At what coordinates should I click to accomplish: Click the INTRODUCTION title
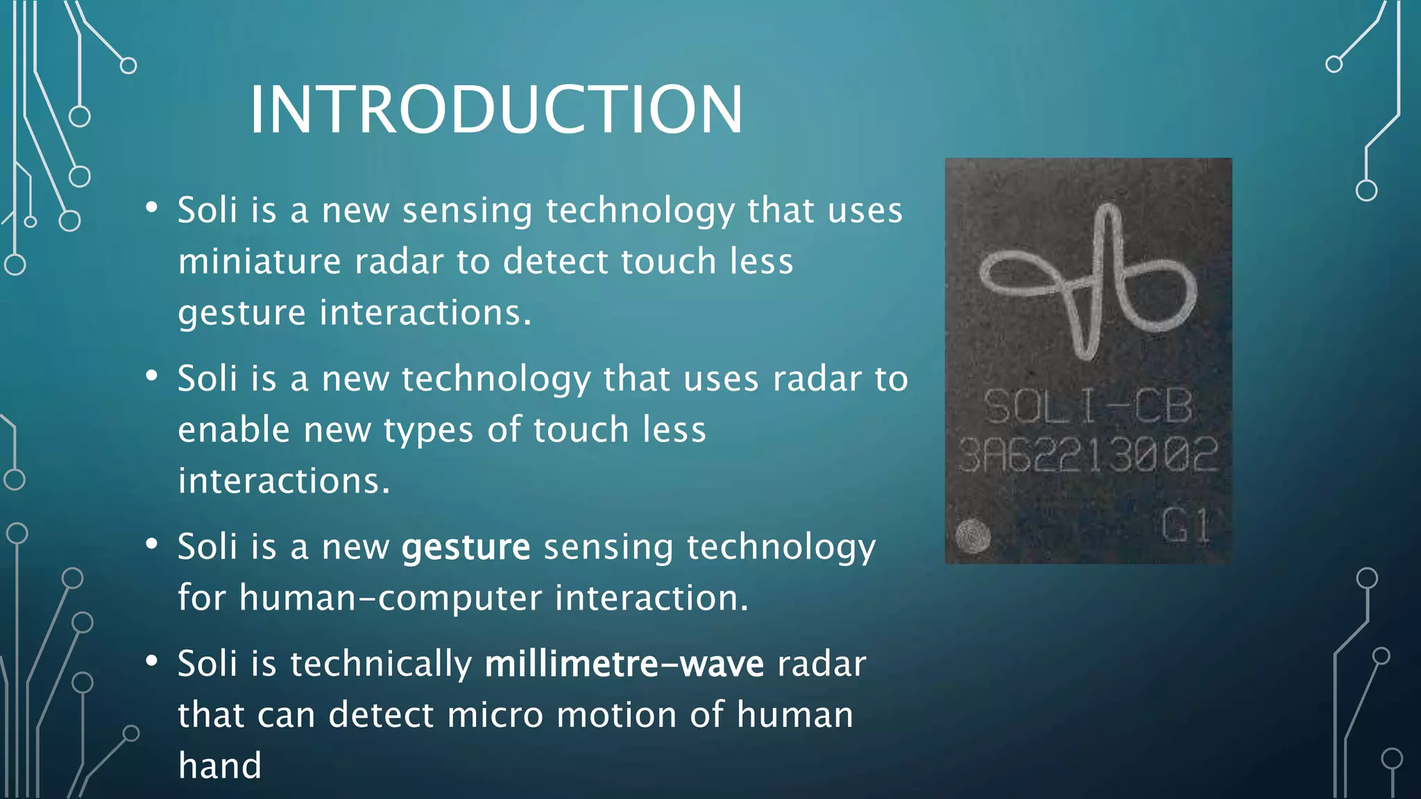(496, 110)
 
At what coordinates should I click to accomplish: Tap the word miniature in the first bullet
(259, 261)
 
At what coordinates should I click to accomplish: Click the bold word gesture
(466, 547)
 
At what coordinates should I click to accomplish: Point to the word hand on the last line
(220, 766)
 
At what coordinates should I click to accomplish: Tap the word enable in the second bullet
(234, 430)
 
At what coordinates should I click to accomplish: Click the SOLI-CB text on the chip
(1087, 406)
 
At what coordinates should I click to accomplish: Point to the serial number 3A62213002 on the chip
(1087, 455)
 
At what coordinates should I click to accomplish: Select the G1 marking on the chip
(1186, 525)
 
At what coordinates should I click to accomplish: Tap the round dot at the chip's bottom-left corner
(973, 535)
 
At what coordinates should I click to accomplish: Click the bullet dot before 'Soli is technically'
(152, 660)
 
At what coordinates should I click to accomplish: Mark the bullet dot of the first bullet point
(152, 207)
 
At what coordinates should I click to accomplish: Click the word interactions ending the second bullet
(284, 481)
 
